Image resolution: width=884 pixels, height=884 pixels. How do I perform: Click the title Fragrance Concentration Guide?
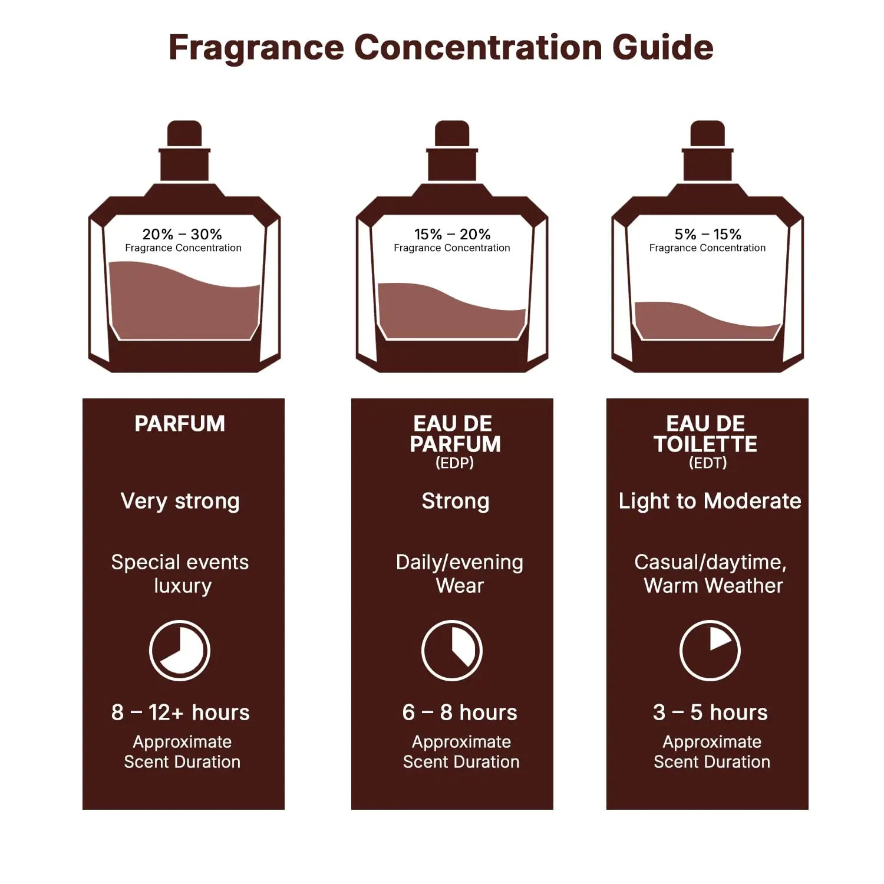[x=441, y=47]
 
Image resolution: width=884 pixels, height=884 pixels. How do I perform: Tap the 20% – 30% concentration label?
[x=182, y=235]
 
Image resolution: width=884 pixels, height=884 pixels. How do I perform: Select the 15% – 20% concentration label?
[x=452, y=235]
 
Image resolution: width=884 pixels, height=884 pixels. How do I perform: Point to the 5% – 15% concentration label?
[x=708, y=235]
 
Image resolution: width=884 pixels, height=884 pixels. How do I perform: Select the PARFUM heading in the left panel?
[x=180, y=424]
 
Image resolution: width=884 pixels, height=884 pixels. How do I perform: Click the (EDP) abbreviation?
[x=454, y=463]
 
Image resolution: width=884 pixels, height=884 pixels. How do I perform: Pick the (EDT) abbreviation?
[x=708, y=463]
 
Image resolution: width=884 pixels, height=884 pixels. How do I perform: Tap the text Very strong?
[x=180, y=501]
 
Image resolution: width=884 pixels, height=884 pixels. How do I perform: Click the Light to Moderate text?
[x=710, y=501]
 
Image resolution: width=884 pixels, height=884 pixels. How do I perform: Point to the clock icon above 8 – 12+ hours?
[x=180, y=650]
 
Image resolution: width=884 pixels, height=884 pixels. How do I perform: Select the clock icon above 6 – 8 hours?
[x=452, y=650]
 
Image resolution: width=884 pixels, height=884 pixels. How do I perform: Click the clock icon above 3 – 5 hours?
[x=710, y=650]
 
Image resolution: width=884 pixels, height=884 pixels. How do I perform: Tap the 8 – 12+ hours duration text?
[x=180, y=713]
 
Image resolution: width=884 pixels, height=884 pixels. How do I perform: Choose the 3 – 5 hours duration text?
[x=710, y=713]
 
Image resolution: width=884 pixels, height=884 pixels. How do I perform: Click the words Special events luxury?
[x=180, y=573]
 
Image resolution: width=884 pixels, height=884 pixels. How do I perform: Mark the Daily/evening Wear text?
[x=459, y=573]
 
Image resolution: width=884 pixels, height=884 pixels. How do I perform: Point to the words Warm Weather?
[x=713, y=586]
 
